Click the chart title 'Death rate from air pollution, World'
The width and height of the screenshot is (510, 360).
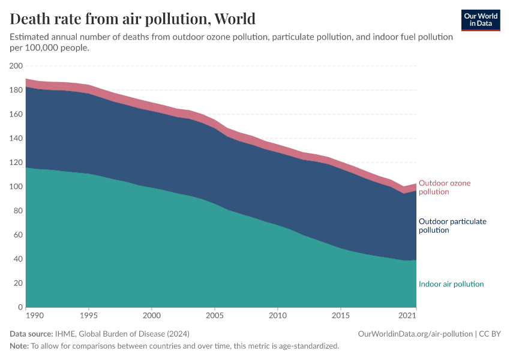click(133, 18)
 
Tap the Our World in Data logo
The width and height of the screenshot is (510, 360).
click(480, 20)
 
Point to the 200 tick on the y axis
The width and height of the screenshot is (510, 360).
click(16, 66)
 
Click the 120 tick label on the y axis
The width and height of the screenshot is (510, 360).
click(16, 163)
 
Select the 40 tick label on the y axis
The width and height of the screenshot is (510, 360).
click(18, 259)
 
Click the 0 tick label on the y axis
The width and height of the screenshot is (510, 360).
click(20, 307)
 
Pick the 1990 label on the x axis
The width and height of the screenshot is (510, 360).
click(26, 315)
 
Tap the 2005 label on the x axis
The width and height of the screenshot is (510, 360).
click(215, 315)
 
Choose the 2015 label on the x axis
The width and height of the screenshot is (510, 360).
click(340, 315)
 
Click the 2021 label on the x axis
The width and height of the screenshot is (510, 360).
click(408, 315)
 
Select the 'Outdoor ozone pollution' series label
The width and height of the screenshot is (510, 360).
click(445, 187)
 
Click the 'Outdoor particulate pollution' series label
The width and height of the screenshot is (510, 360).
click(452, 226)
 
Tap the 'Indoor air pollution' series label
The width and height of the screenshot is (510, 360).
click(451, 284)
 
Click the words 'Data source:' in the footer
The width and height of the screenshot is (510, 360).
click(32, 334)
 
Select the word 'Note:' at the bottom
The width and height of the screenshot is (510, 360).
click(19, 346)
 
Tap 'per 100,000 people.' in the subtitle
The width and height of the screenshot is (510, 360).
click(49, 47)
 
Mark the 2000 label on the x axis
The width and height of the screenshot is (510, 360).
click(152, 315)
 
